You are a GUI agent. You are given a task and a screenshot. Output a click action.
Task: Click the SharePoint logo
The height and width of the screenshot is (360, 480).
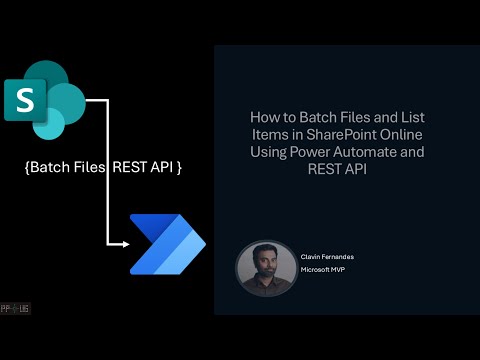coord(48,99)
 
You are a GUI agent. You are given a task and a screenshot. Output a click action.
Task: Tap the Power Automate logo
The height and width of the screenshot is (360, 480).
coord(168,243)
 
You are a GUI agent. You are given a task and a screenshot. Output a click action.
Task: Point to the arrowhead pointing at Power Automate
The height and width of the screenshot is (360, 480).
coord(124,243)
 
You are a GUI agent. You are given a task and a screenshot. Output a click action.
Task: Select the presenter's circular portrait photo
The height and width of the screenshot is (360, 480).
coord(265,268)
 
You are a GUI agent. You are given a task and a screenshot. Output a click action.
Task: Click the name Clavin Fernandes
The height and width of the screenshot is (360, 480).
coord(326,257)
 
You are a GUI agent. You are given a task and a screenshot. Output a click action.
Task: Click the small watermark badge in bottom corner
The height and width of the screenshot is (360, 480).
coord(15,308)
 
